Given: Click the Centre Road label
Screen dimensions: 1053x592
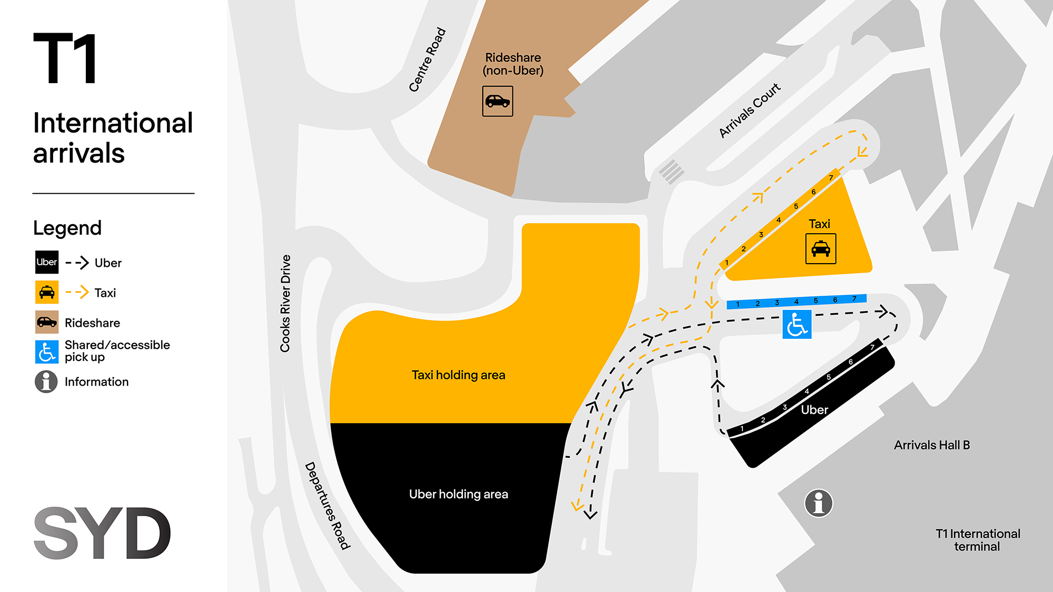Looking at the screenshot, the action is pyautogui.click(x=428, y=60).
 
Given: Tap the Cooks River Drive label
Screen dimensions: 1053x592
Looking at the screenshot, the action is pyautogui.click(x=285, y=304).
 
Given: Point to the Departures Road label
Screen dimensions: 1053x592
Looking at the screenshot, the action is pyautogui.click(x=327, y=506).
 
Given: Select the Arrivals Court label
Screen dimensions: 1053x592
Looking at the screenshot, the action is pyautogui.click(x=750, y=110).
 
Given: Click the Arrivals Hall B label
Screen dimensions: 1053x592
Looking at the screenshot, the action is pyautogui.click(x=932, y=445).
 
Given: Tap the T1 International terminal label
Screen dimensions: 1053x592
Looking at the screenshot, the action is pyautogui.click(x=978, y=540).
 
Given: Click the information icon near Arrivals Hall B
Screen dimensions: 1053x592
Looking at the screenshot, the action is pyautogui.click(x=819, y=503).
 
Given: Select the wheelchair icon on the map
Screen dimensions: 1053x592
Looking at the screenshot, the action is pyautogui.click(x=797, y=324).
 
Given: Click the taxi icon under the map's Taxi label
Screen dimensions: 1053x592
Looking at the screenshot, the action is pyautogui.click(x=821, y=248).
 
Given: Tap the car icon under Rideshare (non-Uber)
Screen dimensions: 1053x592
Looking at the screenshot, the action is pyautogui.click(x=498, y=101).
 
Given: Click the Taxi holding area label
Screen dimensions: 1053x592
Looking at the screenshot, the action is pyautogui.click(x=459, y=375).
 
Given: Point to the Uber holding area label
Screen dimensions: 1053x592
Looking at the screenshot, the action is pyautogui.click(x=459, y=494).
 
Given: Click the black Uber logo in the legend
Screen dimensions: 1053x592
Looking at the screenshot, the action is pyautogui.click(x=47, y=262).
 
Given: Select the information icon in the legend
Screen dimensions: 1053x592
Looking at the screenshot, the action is pyautogui.click(x=46, y=382).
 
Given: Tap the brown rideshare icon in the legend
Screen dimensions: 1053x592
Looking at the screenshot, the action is pyautogui.click(x=47, y=322).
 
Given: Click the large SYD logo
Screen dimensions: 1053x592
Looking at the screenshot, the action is pyautogui.click(x=102, y=533).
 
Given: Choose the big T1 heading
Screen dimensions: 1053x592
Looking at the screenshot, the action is pyautogui.click(x=65, y=58).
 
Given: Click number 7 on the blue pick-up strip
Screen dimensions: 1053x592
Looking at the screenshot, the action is pyautogui.click(x=854, y=299).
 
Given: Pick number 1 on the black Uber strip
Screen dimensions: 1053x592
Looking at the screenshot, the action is pyautogui.click(x=742, y=429).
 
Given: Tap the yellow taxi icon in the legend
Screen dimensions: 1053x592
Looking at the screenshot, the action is pyautogui.click(x=47, y=292).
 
